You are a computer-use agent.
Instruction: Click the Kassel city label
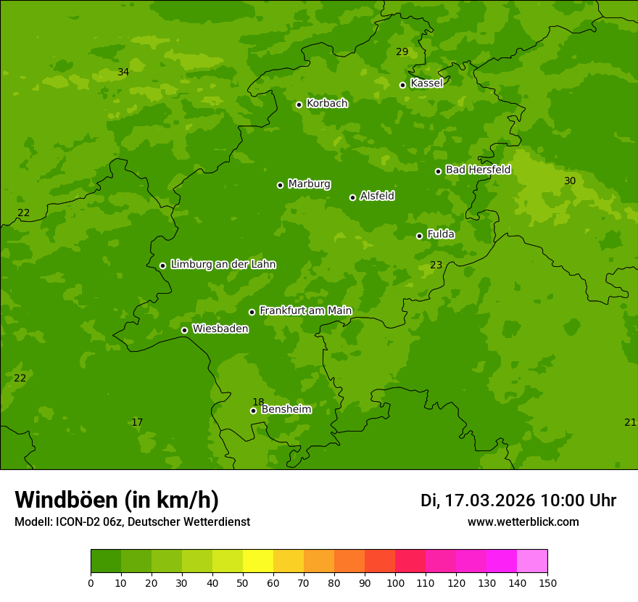tap(426, 83)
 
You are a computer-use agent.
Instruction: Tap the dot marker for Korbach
tap(299, 104)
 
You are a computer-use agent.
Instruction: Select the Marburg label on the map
tap(309, 184)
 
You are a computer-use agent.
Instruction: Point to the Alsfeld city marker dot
tap(353, 197)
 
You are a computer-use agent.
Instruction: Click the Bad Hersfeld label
tap(478, 170)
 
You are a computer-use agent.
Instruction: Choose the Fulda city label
tap(441, 234)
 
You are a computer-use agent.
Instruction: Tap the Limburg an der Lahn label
tap(223, 265)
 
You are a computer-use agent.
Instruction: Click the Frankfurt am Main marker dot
tap(252, 312)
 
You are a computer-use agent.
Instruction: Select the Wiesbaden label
tap(220, 329)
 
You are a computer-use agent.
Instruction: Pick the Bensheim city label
tap(286, 409)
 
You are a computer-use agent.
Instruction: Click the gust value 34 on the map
tap(123, 72)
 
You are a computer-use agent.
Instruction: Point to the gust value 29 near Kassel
tap(402, 51)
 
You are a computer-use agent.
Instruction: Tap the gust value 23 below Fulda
tap(436, 265)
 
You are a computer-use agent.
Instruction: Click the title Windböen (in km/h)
tap(117, 500)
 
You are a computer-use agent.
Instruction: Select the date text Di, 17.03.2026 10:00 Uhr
tap(518, 500)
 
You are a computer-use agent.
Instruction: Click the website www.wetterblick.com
tap(523, 521)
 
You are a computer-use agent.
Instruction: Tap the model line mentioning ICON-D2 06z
tap(132, 521)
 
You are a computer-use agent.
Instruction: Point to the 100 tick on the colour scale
tap(395, 582)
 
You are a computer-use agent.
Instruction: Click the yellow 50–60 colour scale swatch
tap(258, 561)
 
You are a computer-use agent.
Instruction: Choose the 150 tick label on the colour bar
tap(547, 582)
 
